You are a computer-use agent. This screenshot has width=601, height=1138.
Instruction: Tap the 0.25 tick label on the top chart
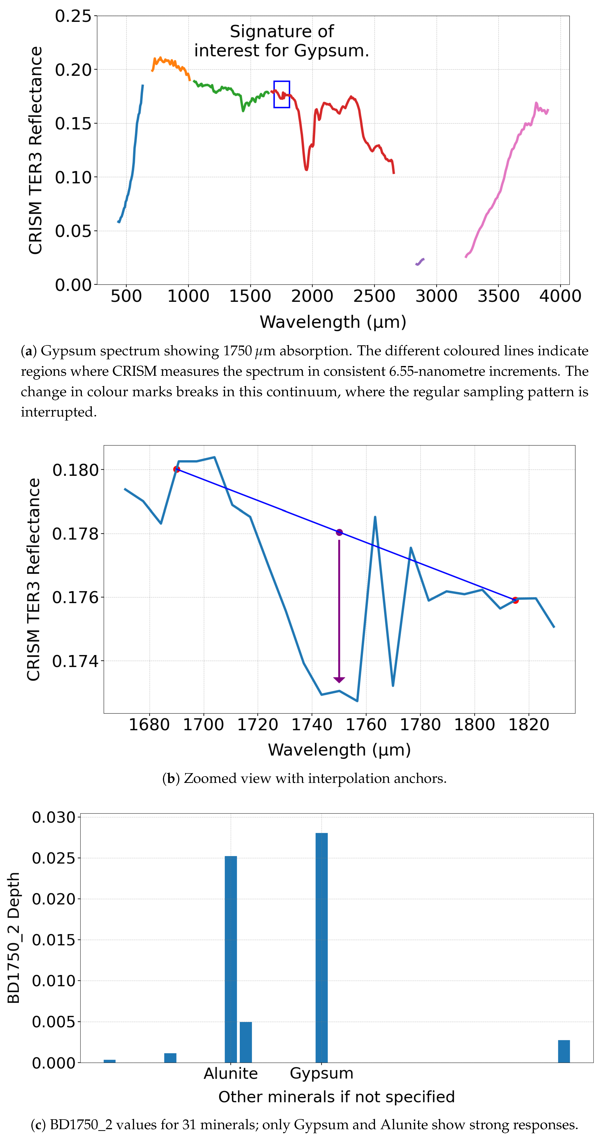pyautogui.click(x=73, y=16)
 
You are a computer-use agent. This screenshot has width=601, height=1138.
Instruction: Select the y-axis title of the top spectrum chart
pyautogui.click(x=35, y=150)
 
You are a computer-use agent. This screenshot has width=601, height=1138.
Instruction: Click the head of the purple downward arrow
pyautogui.click(x=339, y=679)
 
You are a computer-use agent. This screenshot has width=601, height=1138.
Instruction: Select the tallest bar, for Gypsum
pyautogui.click(x=321, y=948)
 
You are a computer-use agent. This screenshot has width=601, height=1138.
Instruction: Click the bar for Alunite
pyautogui.click(x=230, y=959)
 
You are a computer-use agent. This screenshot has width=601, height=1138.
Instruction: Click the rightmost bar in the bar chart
pyautogui.click(x=564, y=1051)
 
